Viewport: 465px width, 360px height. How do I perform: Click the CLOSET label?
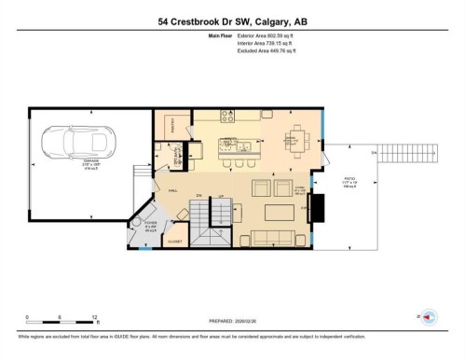pos(174,242)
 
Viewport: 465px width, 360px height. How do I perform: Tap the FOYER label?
pos(151,225)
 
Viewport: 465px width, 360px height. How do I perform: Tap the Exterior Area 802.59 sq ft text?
pos(263,36)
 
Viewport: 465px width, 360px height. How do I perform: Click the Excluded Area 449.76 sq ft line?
pos(263,51)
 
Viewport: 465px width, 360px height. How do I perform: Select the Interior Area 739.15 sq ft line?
pos(263,44)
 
